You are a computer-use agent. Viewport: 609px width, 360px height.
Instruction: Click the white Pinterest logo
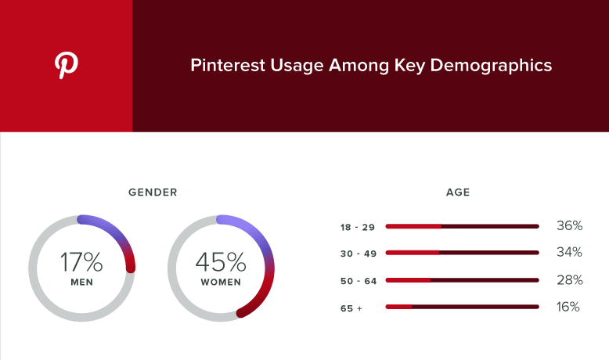(x=66, y=65)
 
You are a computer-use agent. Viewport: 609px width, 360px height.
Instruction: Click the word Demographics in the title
(x=491, y=66)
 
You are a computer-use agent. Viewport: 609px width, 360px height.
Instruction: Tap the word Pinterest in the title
(x=228, y=65)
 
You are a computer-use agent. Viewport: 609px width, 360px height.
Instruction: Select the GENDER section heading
(x=153, y=193)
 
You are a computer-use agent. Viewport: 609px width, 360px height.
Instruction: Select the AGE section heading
(x=458, y=193)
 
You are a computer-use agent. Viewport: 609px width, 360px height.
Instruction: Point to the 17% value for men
(x=81, y=261)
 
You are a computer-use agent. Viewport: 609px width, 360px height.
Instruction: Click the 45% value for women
(x=221, y=261)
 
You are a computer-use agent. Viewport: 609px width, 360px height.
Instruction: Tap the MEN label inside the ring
(x=81, y=283)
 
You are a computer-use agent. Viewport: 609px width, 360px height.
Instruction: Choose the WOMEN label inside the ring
(x=221, y=283)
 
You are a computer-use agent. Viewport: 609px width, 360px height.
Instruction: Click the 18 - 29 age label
(x=358, y=227)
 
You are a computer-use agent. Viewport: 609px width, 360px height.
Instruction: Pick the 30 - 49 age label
(x=359, y=254)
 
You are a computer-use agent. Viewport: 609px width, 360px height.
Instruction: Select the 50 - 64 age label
(x=359, y=281)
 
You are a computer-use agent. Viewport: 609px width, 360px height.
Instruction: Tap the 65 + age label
(x=351, y=308)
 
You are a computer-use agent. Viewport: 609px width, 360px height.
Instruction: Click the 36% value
(x=569, y=225)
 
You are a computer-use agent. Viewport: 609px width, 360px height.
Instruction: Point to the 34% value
(x=569, y=252)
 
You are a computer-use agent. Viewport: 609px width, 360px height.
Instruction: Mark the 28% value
(x=570, y=279)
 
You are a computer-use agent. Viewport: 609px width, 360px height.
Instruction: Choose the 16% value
(x=568, y=307)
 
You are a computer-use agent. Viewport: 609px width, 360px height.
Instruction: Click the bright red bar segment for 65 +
(x=398, y=307)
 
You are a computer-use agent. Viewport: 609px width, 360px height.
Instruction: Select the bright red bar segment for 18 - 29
(x=413, y=226)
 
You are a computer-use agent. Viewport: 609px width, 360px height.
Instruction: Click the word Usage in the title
(x=297, y=66)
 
